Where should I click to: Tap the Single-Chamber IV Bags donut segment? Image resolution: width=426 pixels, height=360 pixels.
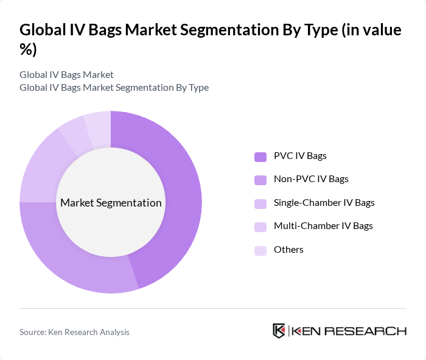pos(40,164)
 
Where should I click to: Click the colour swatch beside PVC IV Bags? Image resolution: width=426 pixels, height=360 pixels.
pos(260,157)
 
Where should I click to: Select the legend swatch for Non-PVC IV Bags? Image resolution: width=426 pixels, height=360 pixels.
pos(260,180)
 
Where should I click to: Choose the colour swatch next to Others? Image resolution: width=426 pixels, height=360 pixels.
pos(260,250)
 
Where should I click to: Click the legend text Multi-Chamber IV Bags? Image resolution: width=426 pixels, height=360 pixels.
pos(323,226)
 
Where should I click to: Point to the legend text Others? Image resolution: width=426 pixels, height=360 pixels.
pos(288,250)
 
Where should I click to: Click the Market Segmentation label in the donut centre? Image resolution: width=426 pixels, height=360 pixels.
pos(111,203)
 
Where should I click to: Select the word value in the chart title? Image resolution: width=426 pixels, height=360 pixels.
pos(380,30)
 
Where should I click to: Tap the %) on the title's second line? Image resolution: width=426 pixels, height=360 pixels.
pos(29,50)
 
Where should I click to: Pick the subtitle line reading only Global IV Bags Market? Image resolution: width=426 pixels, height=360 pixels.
pos(66,75)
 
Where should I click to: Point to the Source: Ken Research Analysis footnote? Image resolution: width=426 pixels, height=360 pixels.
pos(74,332)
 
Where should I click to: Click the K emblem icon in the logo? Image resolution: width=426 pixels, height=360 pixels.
pos(279,331)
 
